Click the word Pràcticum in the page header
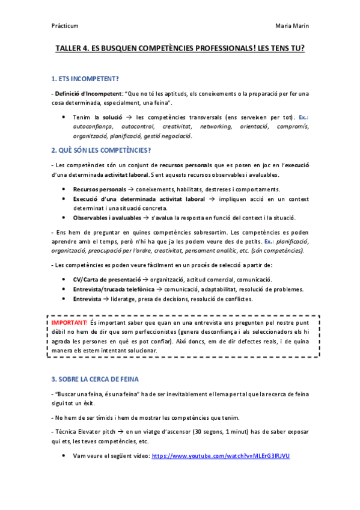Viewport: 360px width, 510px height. pos(65,26)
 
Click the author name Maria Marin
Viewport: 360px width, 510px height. pos(292,26)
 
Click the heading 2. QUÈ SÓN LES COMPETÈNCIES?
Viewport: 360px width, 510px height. pos(101,150)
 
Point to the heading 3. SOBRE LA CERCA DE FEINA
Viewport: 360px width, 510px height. pos(95,379)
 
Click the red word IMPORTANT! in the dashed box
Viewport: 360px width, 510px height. pos(70,323)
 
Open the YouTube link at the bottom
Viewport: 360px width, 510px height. pos(221,456)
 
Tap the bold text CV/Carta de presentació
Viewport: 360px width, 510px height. pos(106,280)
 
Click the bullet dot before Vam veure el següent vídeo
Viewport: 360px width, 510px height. pos(64,456)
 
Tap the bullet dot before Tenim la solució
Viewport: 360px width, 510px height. pos(64,117)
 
